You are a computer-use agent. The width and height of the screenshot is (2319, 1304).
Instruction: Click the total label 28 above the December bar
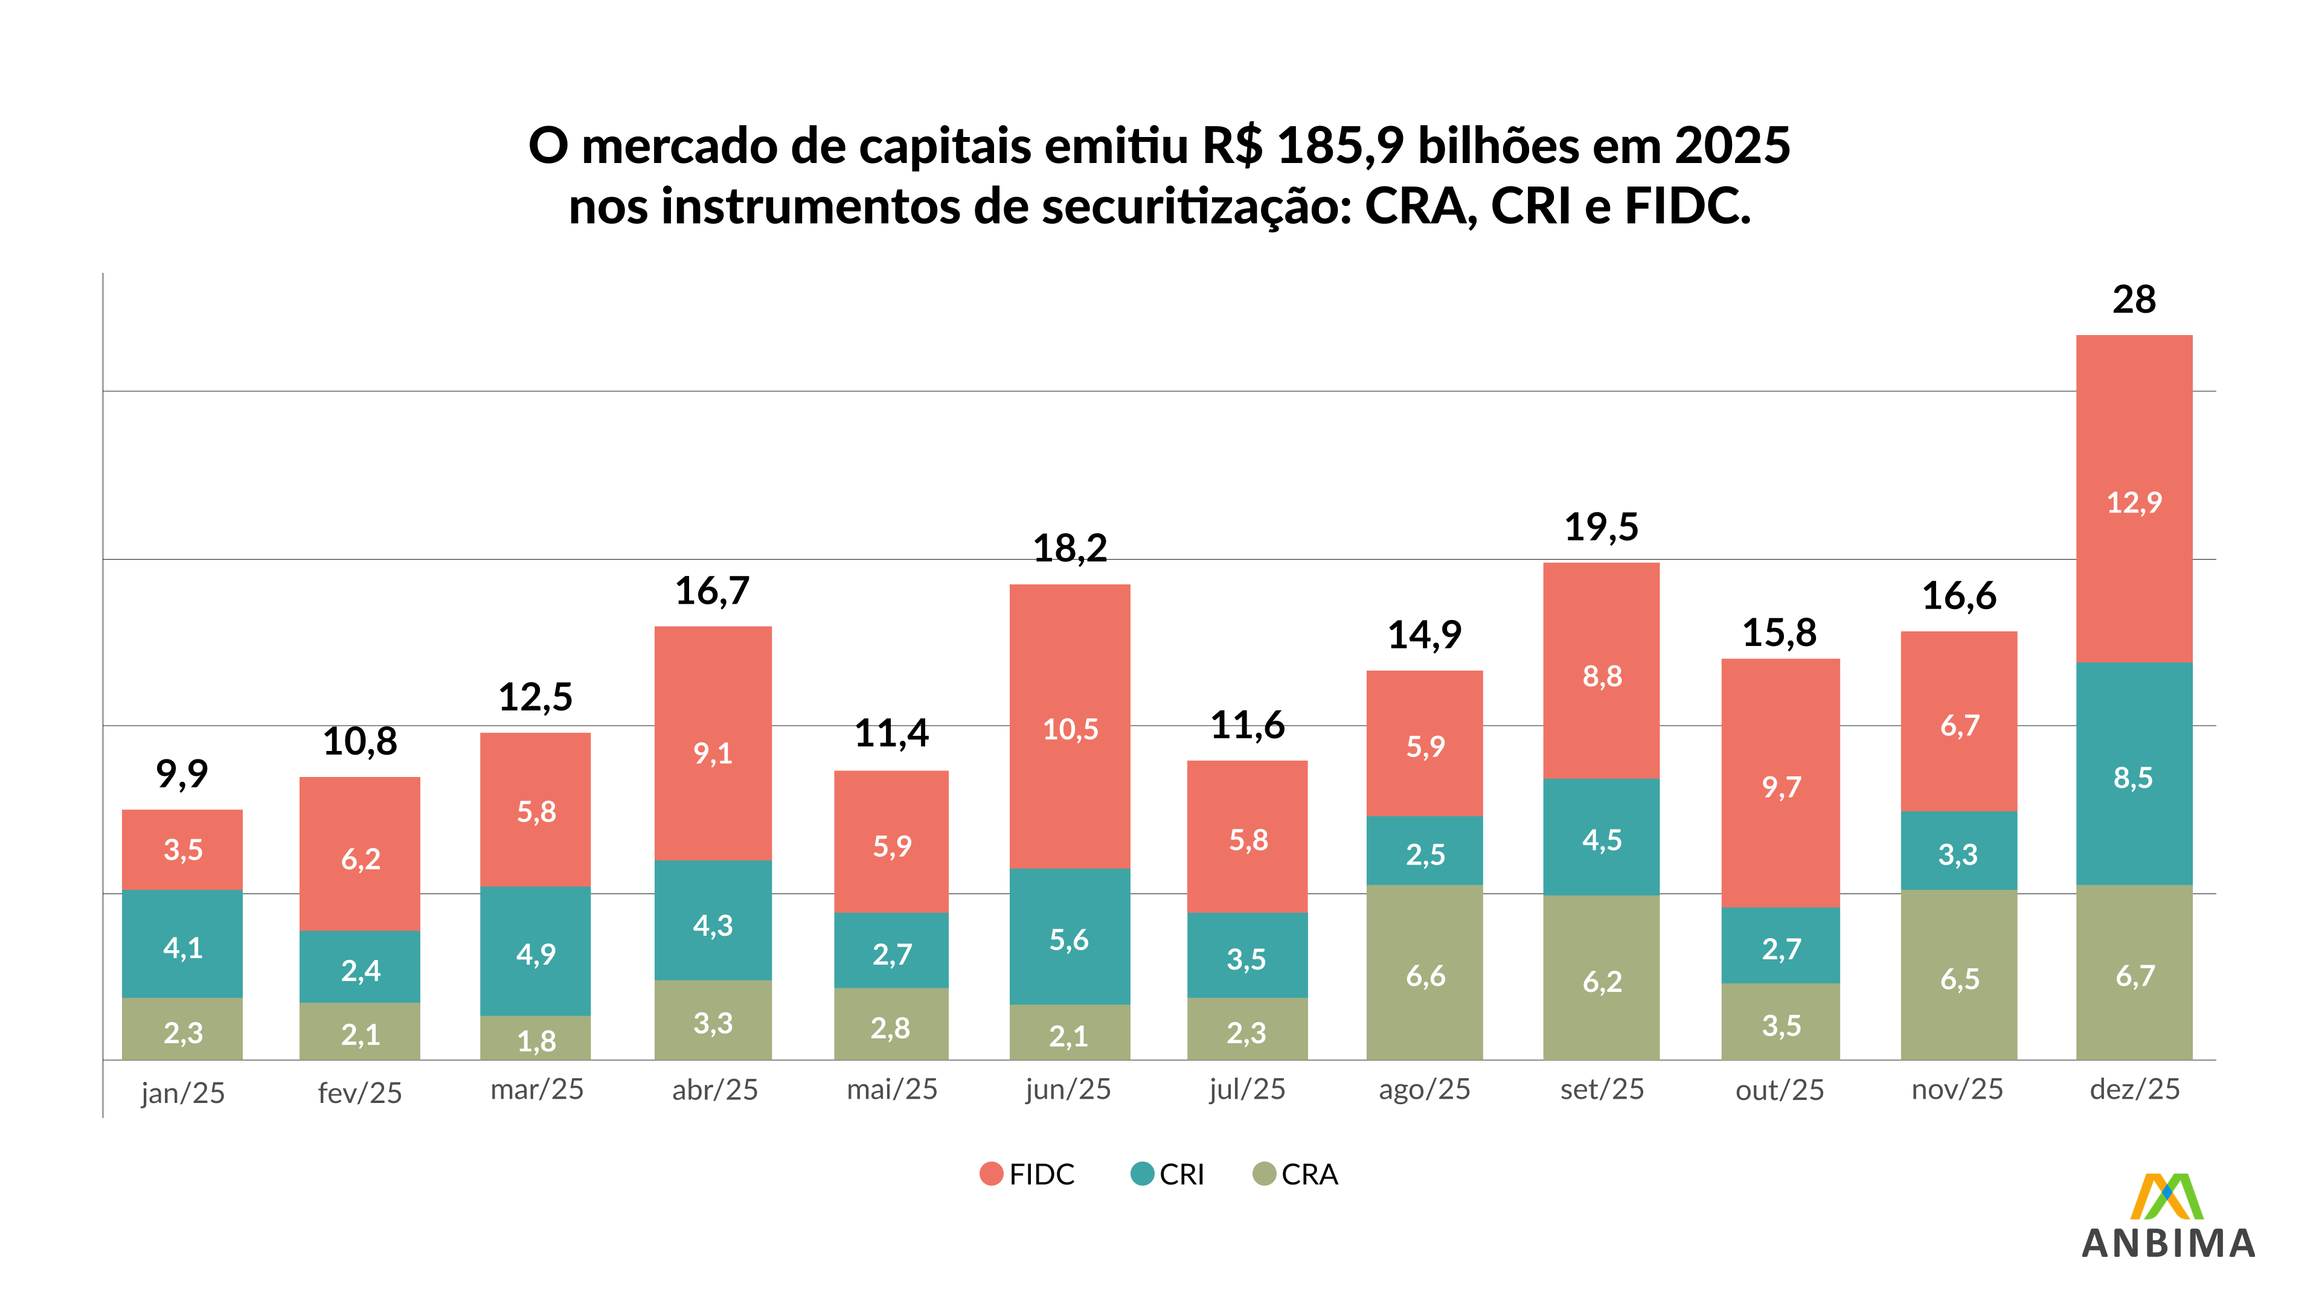(x=2134, y=299)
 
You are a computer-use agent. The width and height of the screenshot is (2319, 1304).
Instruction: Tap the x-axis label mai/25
(x=891, y=1090)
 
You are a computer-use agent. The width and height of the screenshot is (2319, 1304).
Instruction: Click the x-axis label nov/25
(x=1957, y=1090)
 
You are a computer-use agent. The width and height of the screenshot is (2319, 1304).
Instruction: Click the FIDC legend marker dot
(x=991, y=1174)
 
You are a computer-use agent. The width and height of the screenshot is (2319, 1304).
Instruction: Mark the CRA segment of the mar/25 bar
(x=536, y=1038)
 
